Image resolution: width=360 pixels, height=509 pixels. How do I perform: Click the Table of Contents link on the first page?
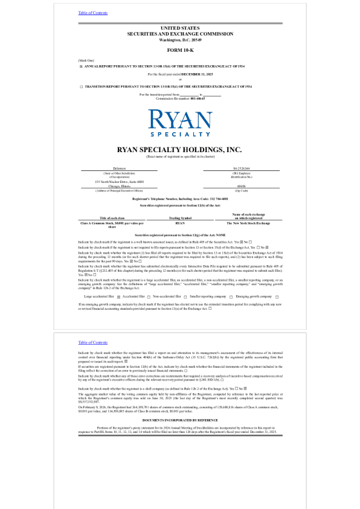click(92, 13)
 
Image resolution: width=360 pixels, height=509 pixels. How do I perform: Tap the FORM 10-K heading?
click(179, 50)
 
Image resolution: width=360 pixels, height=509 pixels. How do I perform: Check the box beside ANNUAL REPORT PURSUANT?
click(81, 66)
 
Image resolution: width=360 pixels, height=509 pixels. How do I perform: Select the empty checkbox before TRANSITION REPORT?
click(81, 87)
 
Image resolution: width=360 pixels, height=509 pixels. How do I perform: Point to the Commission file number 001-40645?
click(198, 98)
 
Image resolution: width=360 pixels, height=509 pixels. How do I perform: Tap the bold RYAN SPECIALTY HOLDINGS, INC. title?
click(179, 149)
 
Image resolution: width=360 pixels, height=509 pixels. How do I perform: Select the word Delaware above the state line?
click(119, 168)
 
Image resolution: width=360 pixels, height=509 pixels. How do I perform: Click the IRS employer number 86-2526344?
click(240, 168)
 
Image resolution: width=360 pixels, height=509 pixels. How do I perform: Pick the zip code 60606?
click(240, 187)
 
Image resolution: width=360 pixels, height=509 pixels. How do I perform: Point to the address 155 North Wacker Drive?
click(119, 182)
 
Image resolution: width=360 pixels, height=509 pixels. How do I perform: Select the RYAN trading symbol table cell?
click(179, 223)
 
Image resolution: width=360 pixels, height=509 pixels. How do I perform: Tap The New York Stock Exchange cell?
click(248, 223)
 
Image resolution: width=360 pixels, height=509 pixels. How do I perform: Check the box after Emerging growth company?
click(276, 296)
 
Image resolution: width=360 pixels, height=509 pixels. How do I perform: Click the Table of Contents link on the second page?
click(92, 342)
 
